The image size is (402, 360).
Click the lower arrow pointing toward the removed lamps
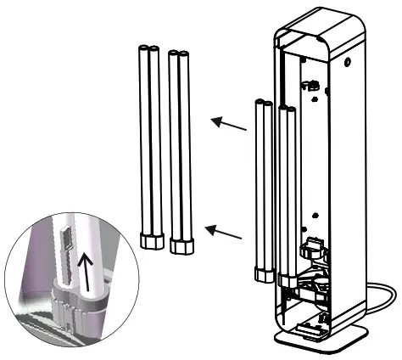228,232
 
